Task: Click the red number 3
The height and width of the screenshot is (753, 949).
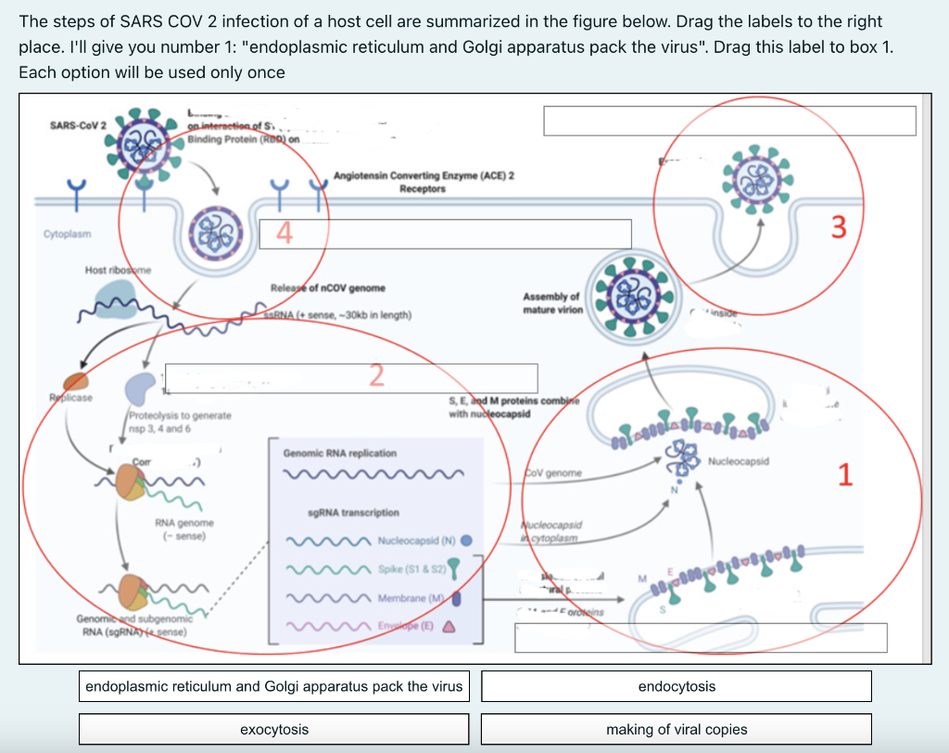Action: [x=838, y=227]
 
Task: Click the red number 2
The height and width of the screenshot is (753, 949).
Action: [x=375, y=375]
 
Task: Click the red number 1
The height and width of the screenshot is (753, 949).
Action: [x=843, y=475]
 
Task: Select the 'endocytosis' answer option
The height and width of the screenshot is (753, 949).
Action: [x=677, y=686]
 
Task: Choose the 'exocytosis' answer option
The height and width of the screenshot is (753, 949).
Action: [x=273, y=730]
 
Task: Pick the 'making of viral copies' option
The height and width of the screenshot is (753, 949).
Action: [x=677, y=730]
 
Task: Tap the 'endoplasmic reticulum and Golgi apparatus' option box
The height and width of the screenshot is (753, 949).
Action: [x=273, y=686]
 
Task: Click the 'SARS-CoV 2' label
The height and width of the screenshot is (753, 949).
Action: [x=79, y=125]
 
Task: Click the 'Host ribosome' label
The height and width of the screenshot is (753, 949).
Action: [x=118, y=270]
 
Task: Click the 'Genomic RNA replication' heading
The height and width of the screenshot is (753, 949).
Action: [x=339, y=453]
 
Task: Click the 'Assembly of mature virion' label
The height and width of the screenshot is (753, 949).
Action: [x=552, y=303]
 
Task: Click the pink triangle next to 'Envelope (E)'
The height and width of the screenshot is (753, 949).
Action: [x=447, y=625]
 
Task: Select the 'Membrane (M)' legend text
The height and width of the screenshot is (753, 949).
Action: [x=412, y=598]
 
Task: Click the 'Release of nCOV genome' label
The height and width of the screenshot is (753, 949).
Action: [x=327, y=288]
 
